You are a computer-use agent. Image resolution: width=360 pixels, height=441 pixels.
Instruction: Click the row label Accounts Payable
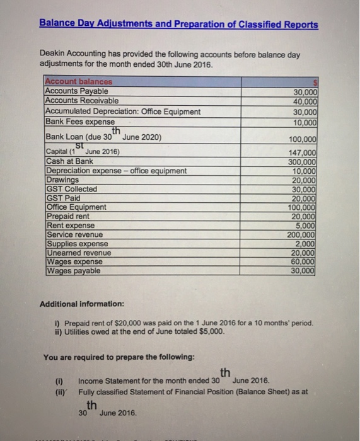click(x=76, y=91)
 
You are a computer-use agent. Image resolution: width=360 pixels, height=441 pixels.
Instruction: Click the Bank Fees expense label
click(x=79, y=122)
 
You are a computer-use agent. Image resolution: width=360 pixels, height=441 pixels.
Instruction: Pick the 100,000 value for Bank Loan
click(x=301, y=140)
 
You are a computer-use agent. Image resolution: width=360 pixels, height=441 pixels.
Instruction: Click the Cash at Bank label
click(x=69, y=161)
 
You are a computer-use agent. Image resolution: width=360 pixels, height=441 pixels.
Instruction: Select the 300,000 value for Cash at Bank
click(x=301, y=161)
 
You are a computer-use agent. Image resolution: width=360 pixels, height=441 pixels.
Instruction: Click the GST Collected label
click(x=71, y=188)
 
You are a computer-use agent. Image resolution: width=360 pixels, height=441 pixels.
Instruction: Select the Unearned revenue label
click(x=78, y=252)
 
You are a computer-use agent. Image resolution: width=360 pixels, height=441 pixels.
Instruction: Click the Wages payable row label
click(x=73, y=271)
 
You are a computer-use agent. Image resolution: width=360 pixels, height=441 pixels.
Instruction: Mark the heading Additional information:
click(x=78, y=304)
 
